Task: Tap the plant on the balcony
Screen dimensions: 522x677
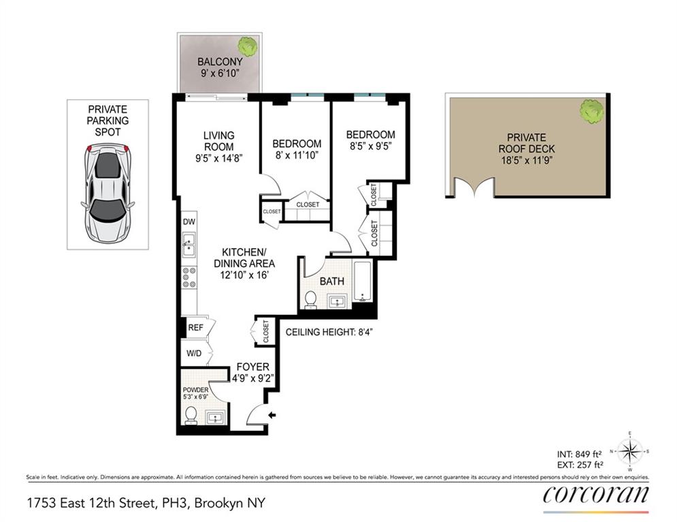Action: pyautogui.click(x=246, y=47)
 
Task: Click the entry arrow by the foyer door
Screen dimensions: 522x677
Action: pyautogui.click(x=273, y=415)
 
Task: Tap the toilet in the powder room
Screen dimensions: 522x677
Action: pyautogui.click(x=191, y=415)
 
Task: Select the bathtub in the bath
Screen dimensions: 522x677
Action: pyautogui.click(x=363, y=281)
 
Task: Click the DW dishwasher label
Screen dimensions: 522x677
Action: pyautogui.click(x=188, y=222)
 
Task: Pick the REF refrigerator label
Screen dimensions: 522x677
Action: pyautogui.click(x=196, y=328)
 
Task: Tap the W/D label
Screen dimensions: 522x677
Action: pyautogui.click(x=195, y=353)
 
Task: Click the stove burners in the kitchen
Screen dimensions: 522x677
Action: pyautogui.click(x=189, y=278)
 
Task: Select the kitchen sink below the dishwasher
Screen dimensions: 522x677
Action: pyautogui.click(x=188, y=244)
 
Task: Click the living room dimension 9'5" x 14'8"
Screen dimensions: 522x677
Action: pyautogui.click(x=218, y=157)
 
